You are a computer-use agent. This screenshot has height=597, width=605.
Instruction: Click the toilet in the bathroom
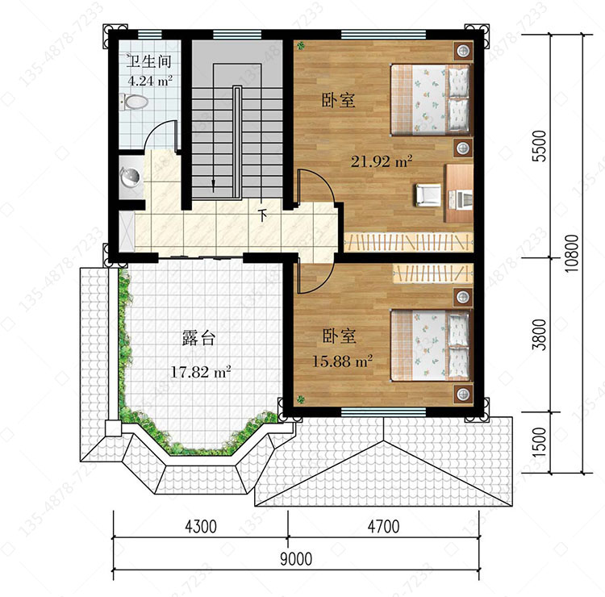(133, 102)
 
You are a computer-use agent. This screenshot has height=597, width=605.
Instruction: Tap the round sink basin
(130, 177)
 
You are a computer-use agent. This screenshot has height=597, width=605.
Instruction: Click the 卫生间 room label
(149, 62)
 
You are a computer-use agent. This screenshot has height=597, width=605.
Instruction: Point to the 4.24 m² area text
(150, 81)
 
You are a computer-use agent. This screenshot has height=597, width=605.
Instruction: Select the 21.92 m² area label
(382, 161)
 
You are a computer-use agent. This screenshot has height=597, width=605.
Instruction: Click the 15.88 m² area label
(342, 361)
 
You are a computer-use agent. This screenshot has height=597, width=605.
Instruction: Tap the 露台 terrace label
(198, 338)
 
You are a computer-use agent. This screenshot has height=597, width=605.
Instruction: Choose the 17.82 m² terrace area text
(201, 372)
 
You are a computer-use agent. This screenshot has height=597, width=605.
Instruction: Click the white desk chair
(428, 195)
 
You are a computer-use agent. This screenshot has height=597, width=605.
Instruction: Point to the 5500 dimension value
(540, 146)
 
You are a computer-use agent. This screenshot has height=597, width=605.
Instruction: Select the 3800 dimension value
(540, 335)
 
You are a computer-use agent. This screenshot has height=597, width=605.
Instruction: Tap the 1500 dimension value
(540, 442)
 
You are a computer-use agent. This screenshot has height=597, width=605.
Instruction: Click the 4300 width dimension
(201, 526)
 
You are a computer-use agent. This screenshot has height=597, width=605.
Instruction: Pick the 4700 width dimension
(383, 526)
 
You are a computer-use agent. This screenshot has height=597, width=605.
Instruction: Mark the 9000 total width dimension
(296, 559)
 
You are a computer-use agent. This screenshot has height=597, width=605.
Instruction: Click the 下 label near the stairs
(263, 215)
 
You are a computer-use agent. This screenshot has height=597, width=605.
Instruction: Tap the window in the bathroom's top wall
(150, 35)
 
